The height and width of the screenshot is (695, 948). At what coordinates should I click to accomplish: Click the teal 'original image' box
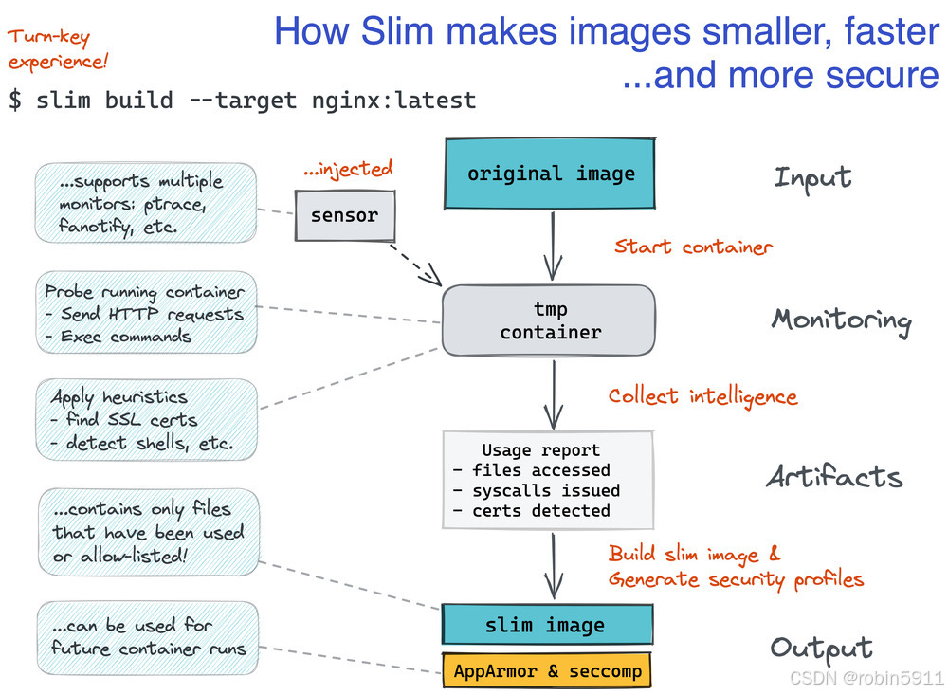coord(551,174)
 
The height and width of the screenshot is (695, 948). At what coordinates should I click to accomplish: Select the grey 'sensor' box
coord(344,215)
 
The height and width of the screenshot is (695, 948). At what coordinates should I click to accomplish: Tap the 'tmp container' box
coord(550,320)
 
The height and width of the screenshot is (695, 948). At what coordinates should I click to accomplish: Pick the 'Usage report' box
coord(549,480)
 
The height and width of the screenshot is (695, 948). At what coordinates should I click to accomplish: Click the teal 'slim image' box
coord(547,625)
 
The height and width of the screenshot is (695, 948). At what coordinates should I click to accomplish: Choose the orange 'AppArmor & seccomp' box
coord(547,671)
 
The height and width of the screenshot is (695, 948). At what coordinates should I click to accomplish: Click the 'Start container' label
coord(693,247)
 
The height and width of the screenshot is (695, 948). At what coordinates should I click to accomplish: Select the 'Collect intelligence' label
coord(702,395)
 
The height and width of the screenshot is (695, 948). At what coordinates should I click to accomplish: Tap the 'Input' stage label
coord(812,177)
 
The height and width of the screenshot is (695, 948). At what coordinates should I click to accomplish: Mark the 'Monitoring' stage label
coord(841,320)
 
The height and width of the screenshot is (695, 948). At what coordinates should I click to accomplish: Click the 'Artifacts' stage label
coord(834,476)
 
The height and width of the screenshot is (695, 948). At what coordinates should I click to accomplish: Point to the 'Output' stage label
coord(821,648)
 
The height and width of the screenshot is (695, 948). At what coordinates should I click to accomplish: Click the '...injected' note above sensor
coord(348,170)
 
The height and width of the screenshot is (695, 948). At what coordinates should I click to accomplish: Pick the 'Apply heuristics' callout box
coord(146,420)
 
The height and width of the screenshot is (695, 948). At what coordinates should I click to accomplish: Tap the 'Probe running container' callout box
coord(146,314)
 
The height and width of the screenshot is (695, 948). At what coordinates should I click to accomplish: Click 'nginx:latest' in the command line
coord(393,100)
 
